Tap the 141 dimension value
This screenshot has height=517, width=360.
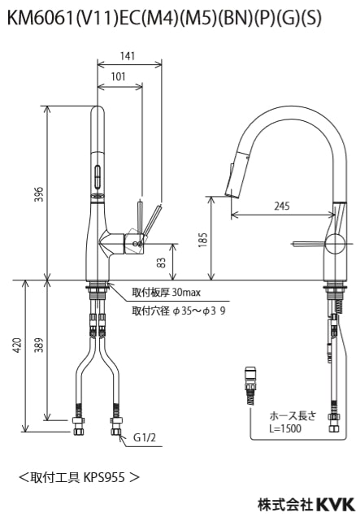pos(128,56)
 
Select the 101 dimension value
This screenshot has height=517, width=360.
pos(119,76)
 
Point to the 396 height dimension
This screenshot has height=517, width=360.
pos(39,194)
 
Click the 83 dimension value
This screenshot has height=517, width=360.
pos(161,263)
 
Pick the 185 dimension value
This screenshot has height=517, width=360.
pos(202,240)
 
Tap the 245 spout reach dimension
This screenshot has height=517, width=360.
pos(282,206)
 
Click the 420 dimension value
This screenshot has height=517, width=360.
pos(17,345)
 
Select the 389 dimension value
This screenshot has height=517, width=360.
pos(39,345)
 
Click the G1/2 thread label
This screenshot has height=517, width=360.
pos(145,437)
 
